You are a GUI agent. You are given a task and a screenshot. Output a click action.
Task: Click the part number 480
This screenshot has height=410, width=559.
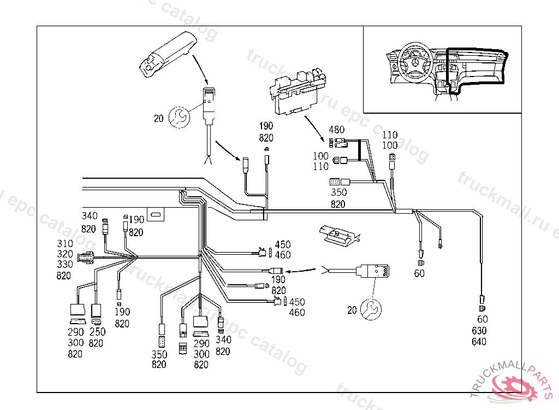coord(337,130)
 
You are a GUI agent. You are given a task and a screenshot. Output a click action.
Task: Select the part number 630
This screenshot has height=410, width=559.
coord(479,331)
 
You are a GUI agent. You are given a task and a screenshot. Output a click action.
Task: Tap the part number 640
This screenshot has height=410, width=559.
coord(479,342)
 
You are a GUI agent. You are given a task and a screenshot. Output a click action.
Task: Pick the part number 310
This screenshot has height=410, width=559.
coord(64,243)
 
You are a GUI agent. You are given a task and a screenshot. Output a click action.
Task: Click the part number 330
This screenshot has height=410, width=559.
coord(64,265)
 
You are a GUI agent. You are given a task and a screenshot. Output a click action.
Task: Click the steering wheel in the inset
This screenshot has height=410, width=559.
coord(414,65)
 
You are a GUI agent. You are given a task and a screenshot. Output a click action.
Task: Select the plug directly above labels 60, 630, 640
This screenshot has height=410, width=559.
coord(481,300)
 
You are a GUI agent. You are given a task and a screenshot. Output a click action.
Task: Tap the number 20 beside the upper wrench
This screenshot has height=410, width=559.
coord(158,118)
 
